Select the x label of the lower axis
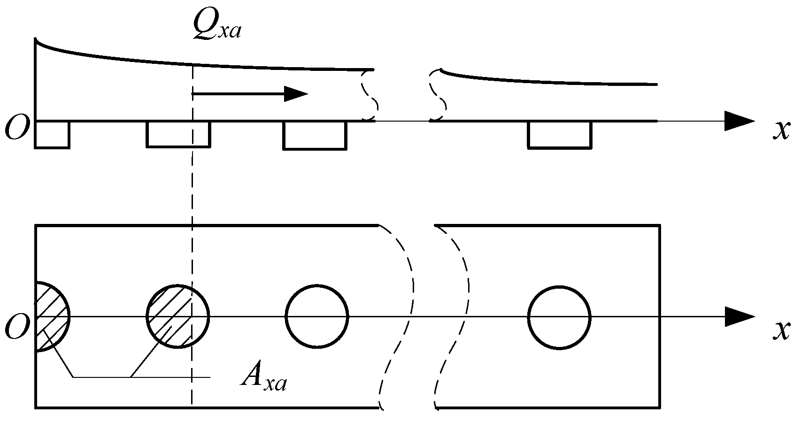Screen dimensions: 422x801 click(x=781, y=330)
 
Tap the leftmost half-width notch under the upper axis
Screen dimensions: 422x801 click(x=52, y=135)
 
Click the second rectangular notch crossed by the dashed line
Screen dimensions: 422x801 click(x=178, y=135)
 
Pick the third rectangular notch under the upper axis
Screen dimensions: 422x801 click(x=315, y=136)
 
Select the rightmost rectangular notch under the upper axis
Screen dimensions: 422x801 click(x=559, y=135)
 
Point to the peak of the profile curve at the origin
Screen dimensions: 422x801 click(x=36, y=39)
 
